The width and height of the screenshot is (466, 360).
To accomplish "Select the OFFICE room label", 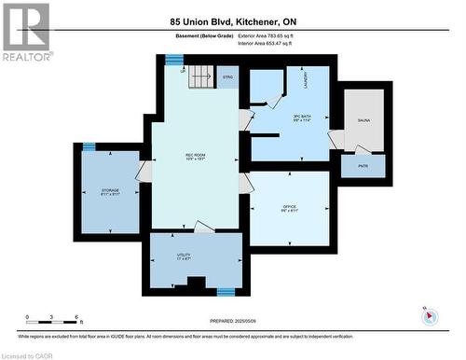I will pyautogui.click(x=289, y=208).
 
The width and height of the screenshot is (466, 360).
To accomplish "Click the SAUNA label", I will pyautogui.click(x=363, y=121).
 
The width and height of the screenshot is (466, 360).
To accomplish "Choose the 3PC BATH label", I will pyautogui.click(x=275, y=118).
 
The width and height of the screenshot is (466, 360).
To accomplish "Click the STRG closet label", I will pyautogui.click(x=227, y=79).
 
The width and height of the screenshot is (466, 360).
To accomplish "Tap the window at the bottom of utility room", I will pyautogui.click(x=225, y=291).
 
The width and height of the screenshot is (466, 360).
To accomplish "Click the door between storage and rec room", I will pyautogui.click(x=144, y=172).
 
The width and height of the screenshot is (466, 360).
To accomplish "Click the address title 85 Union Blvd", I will pyautogui.click(x=232, y=21).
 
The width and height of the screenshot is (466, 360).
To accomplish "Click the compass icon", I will pyautogui.click(x=430, y=316).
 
